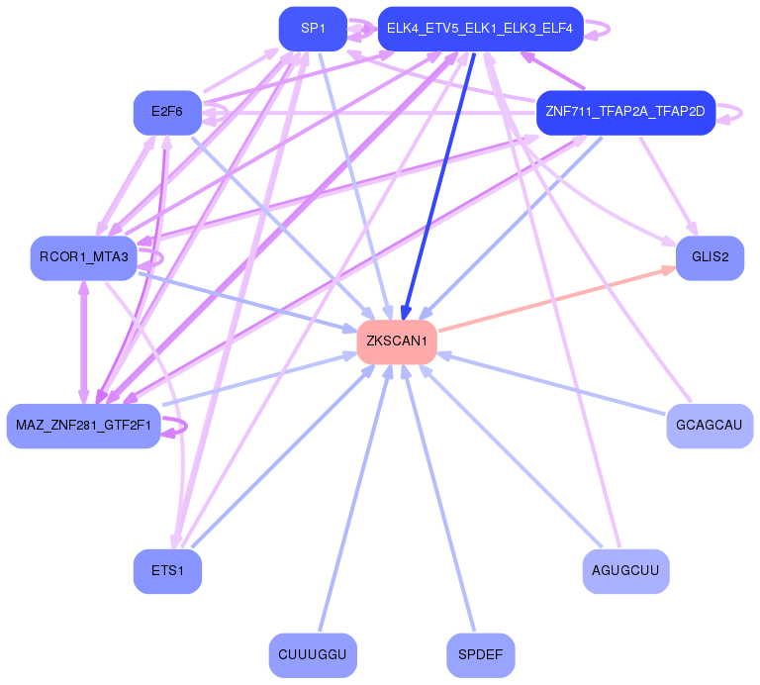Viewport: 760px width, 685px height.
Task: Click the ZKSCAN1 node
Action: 397,342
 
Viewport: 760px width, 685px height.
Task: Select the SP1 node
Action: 314,29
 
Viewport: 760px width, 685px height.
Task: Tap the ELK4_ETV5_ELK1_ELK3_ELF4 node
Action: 480,29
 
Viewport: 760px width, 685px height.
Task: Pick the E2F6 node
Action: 166,112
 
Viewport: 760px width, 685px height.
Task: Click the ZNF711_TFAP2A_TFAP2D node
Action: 624,112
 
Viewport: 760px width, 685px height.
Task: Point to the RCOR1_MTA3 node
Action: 83,257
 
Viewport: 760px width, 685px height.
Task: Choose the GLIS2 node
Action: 710,257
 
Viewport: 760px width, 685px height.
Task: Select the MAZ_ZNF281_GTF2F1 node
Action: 83,426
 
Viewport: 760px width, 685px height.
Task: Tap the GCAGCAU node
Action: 709,426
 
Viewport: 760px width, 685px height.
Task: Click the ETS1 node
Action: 167,570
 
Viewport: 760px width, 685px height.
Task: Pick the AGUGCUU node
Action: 625,570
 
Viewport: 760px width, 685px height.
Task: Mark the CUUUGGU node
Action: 313,654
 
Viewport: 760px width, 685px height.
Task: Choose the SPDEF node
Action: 480,654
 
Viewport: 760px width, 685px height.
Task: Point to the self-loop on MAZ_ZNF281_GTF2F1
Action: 177,426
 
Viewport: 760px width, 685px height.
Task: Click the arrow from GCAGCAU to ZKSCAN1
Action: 554,386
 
